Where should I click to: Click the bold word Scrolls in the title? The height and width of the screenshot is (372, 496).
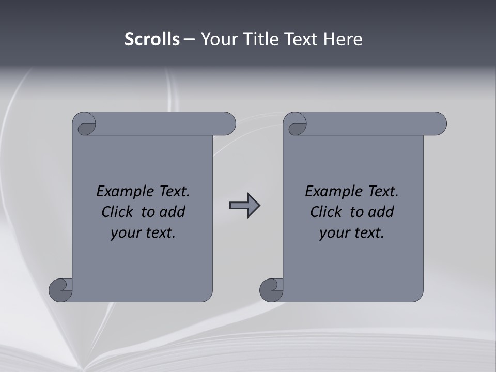152,39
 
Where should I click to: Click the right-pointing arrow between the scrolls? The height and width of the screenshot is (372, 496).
245,206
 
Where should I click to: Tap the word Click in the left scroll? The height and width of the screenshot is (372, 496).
117,212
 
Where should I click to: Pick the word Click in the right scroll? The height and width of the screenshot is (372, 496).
326,212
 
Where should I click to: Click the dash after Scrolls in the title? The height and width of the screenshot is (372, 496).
189,40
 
